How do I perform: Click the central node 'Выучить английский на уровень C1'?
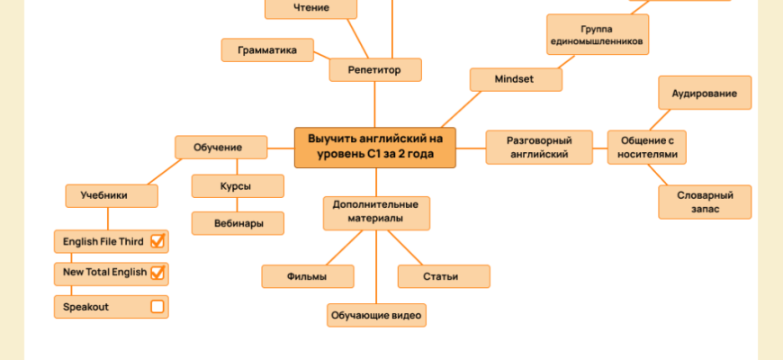click(x=375, y=147)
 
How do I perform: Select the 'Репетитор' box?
click(x=376, y=68)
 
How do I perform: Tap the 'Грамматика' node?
click(x=267, y=50)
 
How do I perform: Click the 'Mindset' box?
click(x=515, y=79)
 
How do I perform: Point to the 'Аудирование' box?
click(x=705, y=94)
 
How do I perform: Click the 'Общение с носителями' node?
click(x=647, y=147)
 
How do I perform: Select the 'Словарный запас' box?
click(x=705, y=202)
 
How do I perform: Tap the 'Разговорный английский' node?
click(x=538, y=147)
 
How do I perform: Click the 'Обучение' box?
click(x=220, y=147)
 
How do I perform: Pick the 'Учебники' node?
click(x=112, y=194)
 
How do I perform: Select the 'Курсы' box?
click(x=237, y=186)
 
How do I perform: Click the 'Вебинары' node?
click(x=238, y=223)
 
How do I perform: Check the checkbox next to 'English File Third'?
click(x=157, y=241)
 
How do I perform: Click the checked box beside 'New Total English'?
click(x=157, y=272)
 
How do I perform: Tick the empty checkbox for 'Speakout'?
click(x=157, y=307)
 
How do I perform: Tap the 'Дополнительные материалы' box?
click(x=376, y=212)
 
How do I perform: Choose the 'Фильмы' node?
click(x=307, y=276)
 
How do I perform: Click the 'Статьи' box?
click(x=443, y=276)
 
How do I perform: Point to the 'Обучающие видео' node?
click(x=376, y=315)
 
